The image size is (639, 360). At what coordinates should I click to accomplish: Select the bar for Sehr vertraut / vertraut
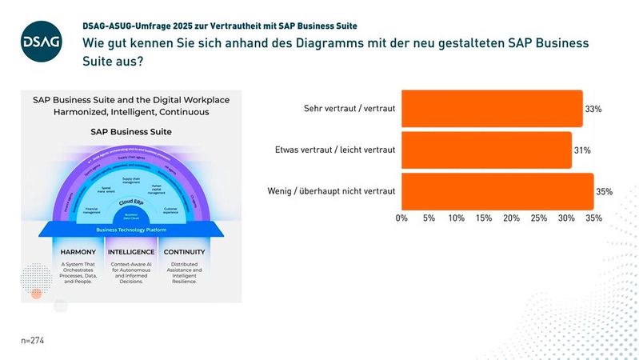pos(492,108)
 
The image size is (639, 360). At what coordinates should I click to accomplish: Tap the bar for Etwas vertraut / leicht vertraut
pos(486,150)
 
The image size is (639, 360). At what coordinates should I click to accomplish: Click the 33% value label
pos(593,109)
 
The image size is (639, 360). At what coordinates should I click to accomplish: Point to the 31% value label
pos(581,150)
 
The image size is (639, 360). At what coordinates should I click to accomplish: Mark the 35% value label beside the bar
pos(604,192)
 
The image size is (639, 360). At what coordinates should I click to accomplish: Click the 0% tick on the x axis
pos(402,218)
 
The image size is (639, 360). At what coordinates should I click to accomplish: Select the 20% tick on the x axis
pos(511,218)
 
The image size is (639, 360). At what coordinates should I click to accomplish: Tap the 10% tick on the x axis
pos(457,218)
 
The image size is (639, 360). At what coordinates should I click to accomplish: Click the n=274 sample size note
pos(32,340)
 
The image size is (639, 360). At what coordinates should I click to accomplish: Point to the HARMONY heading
pos(78,252)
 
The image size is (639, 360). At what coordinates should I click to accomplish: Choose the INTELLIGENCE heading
pos(130,252)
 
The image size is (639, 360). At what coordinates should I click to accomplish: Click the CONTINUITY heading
pos(184,252)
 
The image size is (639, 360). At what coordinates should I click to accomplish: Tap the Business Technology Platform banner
pos(130,229)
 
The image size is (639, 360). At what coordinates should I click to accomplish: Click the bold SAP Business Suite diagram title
pos(130,131)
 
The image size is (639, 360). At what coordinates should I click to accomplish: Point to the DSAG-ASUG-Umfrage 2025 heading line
pos(220,26)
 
